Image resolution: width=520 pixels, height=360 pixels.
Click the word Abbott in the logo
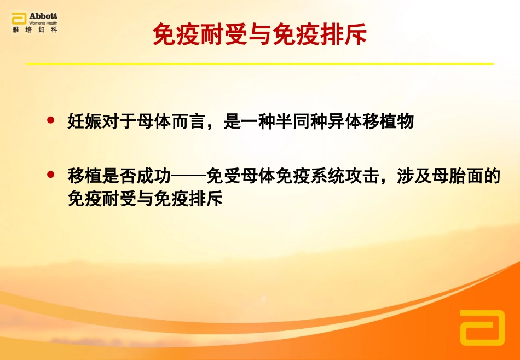[x=42, y=16]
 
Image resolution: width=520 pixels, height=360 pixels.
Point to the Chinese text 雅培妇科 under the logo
[x=34, y=30]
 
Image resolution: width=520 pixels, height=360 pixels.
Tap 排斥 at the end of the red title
[x=348, y=34]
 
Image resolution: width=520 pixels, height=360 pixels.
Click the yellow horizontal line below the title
[x=260, y=64]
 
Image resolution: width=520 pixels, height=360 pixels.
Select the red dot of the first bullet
[x=52, y=120]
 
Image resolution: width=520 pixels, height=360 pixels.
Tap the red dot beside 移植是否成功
[x=52, y=175]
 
